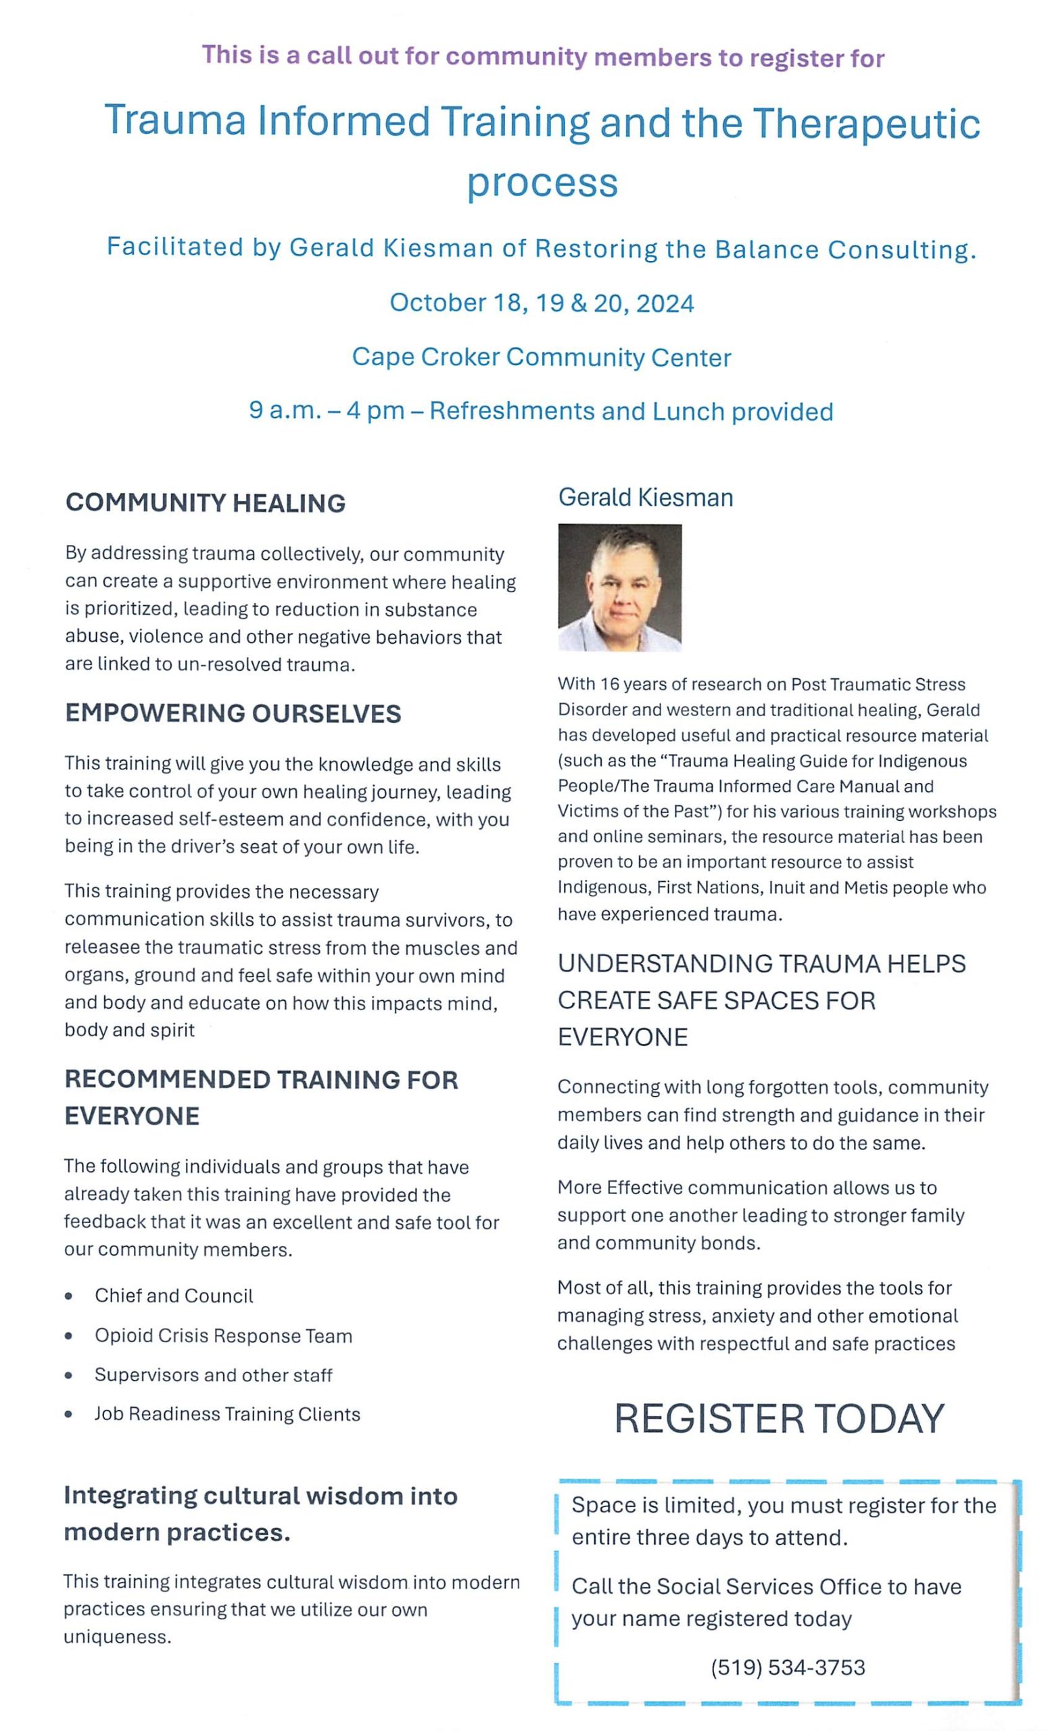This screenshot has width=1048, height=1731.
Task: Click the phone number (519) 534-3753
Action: (788, 1667)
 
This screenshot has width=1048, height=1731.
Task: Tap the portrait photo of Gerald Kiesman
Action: (619, 587)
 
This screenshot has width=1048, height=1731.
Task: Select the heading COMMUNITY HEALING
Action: (205, 503)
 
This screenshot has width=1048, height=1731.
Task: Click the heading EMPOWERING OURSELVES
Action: (233, 713)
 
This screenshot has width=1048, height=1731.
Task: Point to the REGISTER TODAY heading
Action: (779, 1419)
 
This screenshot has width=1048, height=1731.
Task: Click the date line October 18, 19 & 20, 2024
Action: (542, 303)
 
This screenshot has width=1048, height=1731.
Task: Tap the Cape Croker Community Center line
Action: (542, 357)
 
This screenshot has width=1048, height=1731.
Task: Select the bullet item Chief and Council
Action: (174, 1296)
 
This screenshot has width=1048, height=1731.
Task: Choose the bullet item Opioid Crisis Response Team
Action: (223, 1335)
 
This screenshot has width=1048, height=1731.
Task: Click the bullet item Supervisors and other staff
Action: (214, 1375)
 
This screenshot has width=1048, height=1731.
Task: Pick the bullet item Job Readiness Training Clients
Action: (227, 1414)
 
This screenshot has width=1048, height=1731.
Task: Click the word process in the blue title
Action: (542, 183)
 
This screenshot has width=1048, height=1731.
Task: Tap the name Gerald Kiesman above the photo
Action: (646, 498)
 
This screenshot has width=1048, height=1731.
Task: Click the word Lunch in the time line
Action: (688, 411)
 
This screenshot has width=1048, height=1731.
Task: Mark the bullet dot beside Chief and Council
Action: (68, 1296)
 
